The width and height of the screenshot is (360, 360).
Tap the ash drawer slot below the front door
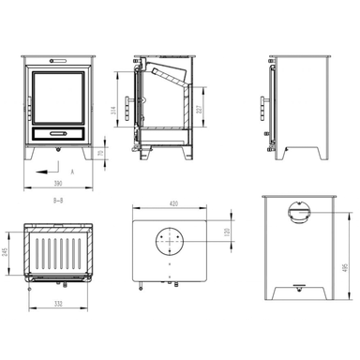tap(57, 133)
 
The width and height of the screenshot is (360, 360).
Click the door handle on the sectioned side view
tap(127, 103)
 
